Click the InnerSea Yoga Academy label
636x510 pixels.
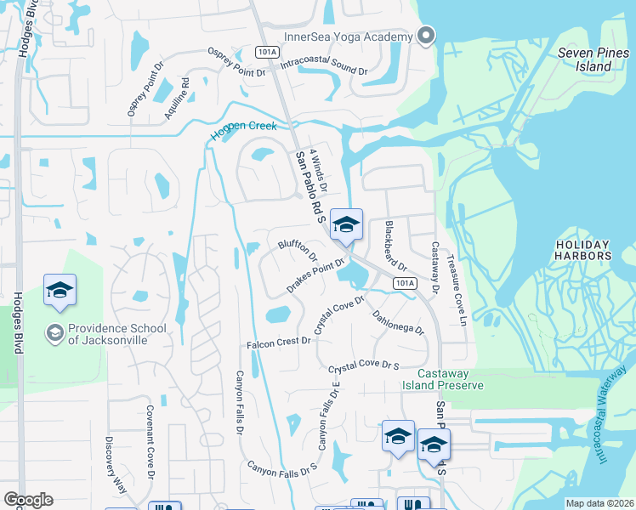tap(366, 35)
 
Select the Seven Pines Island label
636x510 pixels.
tap(585, 59)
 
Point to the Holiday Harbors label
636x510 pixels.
tap(583, 249)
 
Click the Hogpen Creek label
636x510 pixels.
tap(245, 130)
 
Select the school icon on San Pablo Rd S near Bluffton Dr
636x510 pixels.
tap(346, 225)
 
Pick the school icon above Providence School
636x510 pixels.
tap(60, 291)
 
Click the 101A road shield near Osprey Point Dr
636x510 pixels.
tap(267, 52)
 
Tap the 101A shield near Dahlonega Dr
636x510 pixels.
tap(406, 283)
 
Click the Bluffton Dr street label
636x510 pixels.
tap(298, 250)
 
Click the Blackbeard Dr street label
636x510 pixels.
tap(396, 245)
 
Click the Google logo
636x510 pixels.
tap(28, 500)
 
